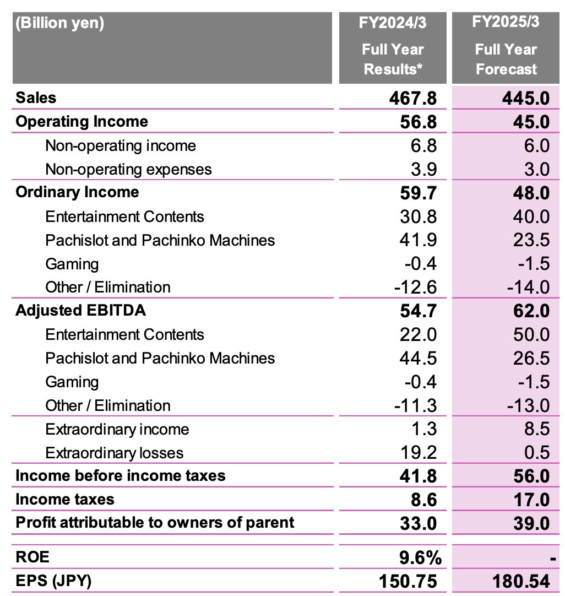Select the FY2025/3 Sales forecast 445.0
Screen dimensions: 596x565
click(x=526, y=98)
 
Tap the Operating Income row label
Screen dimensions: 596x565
click(x=82, y=121)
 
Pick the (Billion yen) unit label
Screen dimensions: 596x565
click(x=59, y=24)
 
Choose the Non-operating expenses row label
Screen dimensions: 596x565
click(x=128, y=169)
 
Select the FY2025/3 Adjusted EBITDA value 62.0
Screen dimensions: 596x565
click(x=530, y=311)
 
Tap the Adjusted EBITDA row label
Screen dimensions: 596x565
click(x=80, y=310)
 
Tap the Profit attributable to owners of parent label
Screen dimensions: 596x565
click(x=155, y=522)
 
